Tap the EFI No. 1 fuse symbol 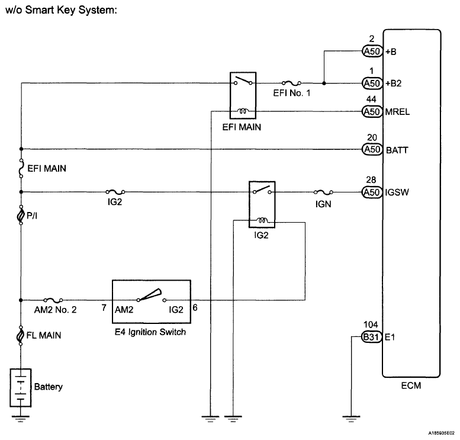[291, 83]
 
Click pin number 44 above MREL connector [371, 100]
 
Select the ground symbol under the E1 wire [352, 419]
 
